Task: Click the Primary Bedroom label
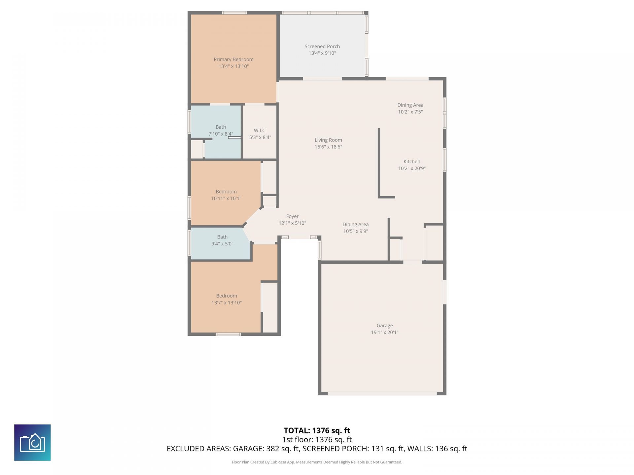(233, 59)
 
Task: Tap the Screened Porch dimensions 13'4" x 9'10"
(322, 53)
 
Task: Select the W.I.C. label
(260, 131)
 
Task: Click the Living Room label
(328, 140)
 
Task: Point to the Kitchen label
(411, 162)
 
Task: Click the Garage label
(384, 326)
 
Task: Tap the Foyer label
(292, 216)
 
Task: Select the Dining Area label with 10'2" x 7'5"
(410, 105)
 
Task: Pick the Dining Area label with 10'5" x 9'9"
(355, 224)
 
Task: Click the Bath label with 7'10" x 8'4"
(221, 127)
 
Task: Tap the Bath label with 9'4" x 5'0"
(222, 237)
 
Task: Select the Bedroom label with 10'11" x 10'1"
(226, 192)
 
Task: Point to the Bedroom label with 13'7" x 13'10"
(226, 296)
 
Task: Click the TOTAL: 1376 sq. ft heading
(317, 430)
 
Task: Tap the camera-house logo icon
(32, 442)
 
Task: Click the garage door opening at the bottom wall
(382, 394)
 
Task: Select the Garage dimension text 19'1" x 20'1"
(384, 332)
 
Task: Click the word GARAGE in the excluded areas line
(248, 449)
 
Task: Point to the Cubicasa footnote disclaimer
(317, 462)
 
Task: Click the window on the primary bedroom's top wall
(234, 13)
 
